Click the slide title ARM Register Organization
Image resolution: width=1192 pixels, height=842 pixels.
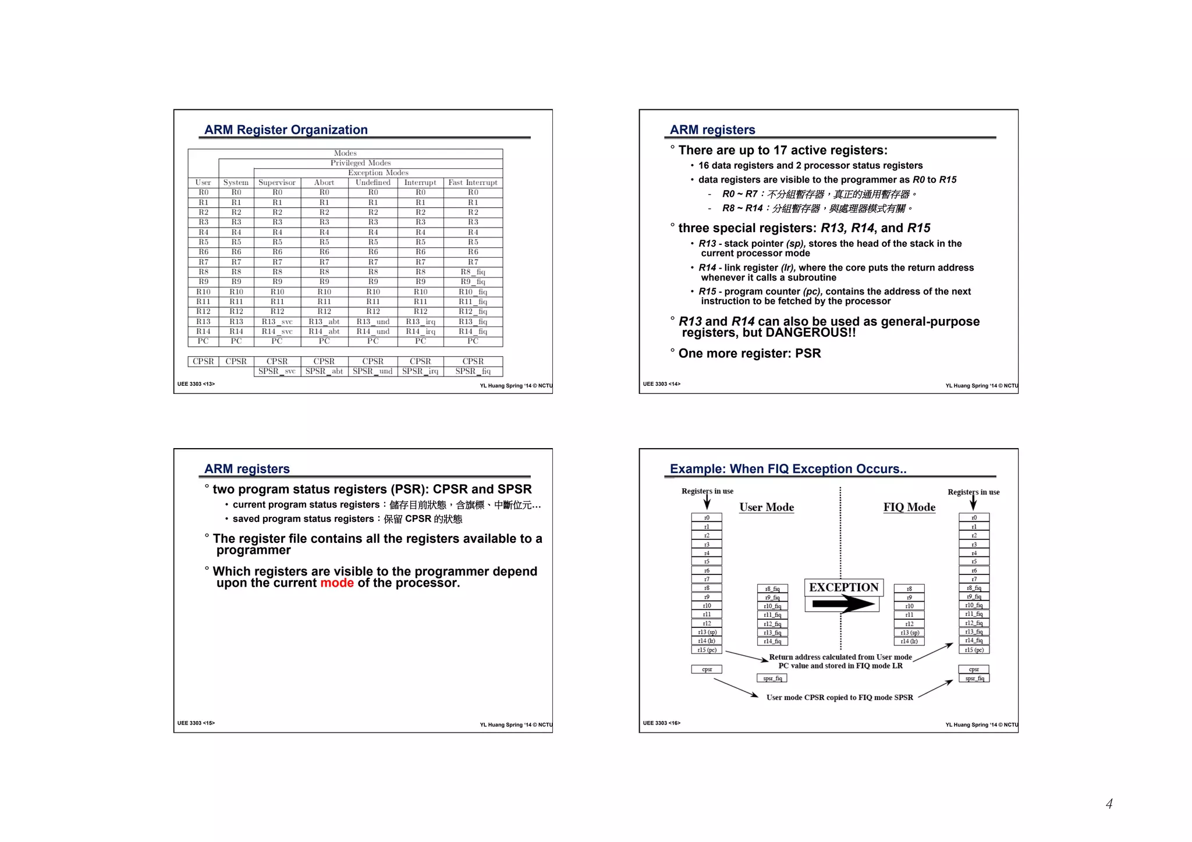[x=286, y=130]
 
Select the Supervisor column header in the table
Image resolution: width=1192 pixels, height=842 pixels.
[x=277, y=183]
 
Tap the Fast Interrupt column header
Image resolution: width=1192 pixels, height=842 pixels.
[x=473, y=183]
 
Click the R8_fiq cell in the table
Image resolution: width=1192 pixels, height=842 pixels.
[x=473, y=272]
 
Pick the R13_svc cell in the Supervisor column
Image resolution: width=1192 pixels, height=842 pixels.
[x=277, y=322]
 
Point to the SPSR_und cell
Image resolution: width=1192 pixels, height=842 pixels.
[x=372, y=371]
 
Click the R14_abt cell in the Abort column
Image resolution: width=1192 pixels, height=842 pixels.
[x=324, y=332]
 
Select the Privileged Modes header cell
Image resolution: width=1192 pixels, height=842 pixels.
[x=360, y=163]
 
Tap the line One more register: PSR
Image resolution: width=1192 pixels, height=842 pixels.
[x=750, y=354]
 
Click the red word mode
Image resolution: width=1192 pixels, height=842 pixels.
[x=337, y=583]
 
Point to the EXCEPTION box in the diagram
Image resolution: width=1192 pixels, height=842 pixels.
[x=843, y=587]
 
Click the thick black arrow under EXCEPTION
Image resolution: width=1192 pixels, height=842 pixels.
[x=843, y=605]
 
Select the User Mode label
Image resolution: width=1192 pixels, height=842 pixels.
[x=767, y=507]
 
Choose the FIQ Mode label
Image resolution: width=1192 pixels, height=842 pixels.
[x=909, y=507]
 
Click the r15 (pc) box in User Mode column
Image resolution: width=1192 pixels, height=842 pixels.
[x=707, y=650]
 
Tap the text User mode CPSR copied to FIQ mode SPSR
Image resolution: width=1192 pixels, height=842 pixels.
[x=839, y=698]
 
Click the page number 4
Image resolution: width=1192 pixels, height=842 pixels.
[x=1109, y=804]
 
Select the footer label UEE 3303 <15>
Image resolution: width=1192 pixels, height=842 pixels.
[x=196, y=723]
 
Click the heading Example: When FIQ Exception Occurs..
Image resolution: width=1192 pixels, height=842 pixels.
[x=788, y=469]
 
